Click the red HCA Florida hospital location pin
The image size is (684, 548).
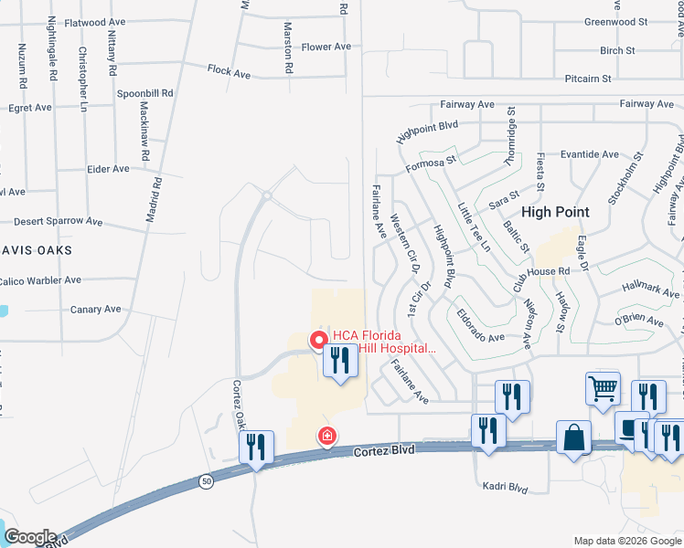click(x=320, y=341)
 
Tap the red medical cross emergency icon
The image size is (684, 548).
click(x=326, y=437)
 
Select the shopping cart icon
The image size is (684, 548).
click(x=604, y=388)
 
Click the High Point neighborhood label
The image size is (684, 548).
click(x=556, y=212)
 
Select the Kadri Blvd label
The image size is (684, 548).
click(x=506, y=488)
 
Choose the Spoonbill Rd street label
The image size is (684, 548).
click(x=144, y=93)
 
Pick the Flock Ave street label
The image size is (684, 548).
click(x=229, y=69)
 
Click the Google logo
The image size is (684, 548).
click(x=29, y=537)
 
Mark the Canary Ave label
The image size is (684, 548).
click(x=96, y=310)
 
